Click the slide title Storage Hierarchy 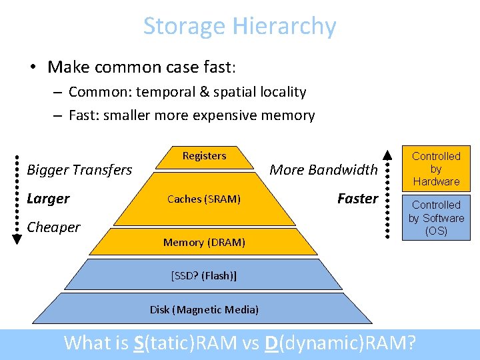pyautogui.click(x=239, y=27)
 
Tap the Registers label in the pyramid pyautogui.click(x=204, y=156)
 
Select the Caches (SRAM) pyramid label pyautogui.click(x=204, y=199)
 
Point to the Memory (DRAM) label pyautogui.click(x=204, y=243)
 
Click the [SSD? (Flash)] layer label pyautogui.click(x=204, y=275)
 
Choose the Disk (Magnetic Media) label pyautogui.click(x=204, y=309)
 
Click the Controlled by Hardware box pyautogui.click(x=436, y=169)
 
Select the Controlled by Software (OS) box pyautogui.click(x=436, y=218)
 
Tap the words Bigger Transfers pyautogui.click(x=79, y=170)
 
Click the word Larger pyautogui.click(x=48, y=199)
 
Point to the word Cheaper pyautogui.click(x=53, y=227)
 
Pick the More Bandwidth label pyautogui.click(x=323, y=169)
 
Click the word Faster pyautogui.click(x=357, y=199)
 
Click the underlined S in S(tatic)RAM pyautogui.click(x=139, y=343)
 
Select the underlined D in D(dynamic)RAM pyautogui.click(x=271, y=343)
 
